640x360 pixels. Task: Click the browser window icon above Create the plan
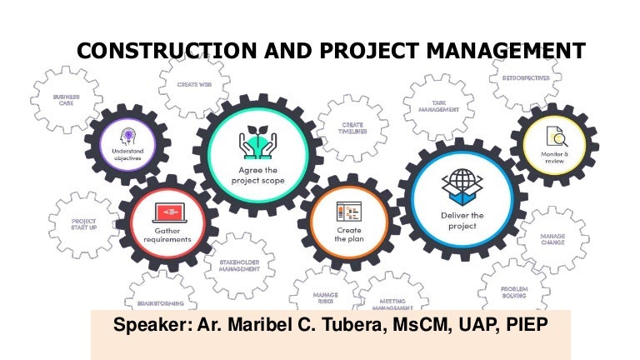pos(347,210)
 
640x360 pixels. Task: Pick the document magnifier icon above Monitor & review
pos(555,137)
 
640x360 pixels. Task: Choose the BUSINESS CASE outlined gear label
pos(66,100)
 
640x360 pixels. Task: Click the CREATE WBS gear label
pos(193,84)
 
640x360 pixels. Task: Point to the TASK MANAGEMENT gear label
pos(428,105)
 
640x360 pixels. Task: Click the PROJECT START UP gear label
pos(83,225)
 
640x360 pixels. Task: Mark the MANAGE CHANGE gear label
pos(552,240)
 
